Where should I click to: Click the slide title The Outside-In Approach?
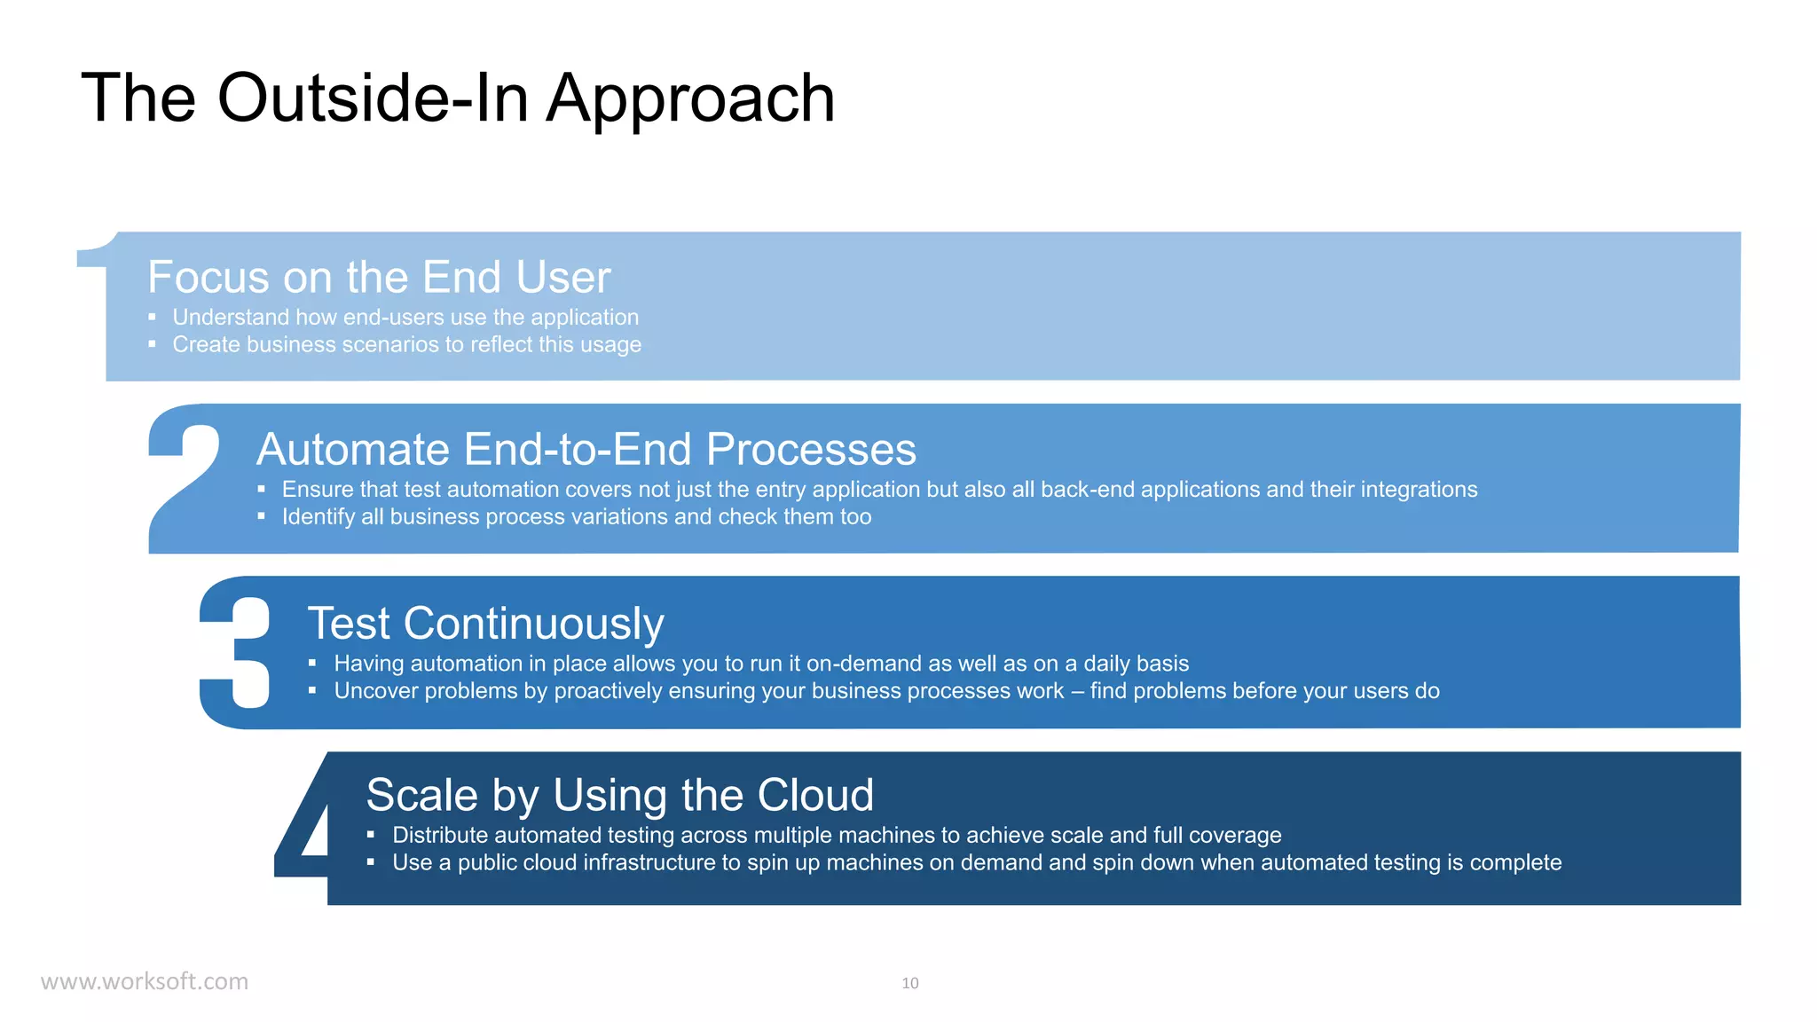tap(458, 98)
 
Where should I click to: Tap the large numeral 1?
tap(95, 284)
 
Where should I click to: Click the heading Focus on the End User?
tap(379, 277)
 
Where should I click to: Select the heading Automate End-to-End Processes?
tap(586, 449)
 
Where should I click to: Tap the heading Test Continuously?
tap(485, 623)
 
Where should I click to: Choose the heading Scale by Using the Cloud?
tap(619, 795)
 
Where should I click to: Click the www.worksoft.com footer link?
tap(145, 981)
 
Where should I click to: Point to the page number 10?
tap(909, 983)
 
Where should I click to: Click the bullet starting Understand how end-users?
tap(405, 317)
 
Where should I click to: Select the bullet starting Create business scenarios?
tap(406, 344)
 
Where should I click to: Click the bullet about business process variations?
tap(577, 516)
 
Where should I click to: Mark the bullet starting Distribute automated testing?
tap(837, 835)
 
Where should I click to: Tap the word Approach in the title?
tap(690, 99)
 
